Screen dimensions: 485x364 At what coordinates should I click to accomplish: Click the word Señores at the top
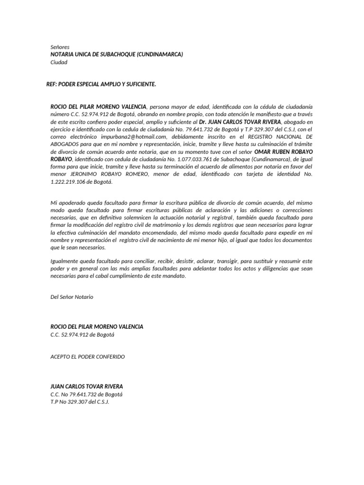click(x=60, y=47)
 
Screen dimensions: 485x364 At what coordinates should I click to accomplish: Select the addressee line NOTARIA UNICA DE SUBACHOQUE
click(x=117, y=54)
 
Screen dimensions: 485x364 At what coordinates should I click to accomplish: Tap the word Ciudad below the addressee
click(x=59, y=62)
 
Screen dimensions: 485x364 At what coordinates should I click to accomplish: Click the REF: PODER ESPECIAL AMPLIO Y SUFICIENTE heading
click(x=101, y=84)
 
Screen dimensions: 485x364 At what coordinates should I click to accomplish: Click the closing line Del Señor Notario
click(x=72, y=297)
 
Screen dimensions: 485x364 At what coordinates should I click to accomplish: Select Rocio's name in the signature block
click(x=97, y=327)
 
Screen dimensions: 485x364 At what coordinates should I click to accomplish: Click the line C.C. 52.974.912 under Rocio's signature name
click(x=82, y=334)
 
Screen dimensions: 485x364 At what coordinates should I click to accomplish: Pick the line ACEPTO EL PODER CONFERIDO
click(x=88, y=357)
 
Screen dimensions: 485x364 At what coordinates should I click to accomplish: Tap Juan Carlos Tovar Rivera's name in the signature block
click(x=86, y=386)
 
